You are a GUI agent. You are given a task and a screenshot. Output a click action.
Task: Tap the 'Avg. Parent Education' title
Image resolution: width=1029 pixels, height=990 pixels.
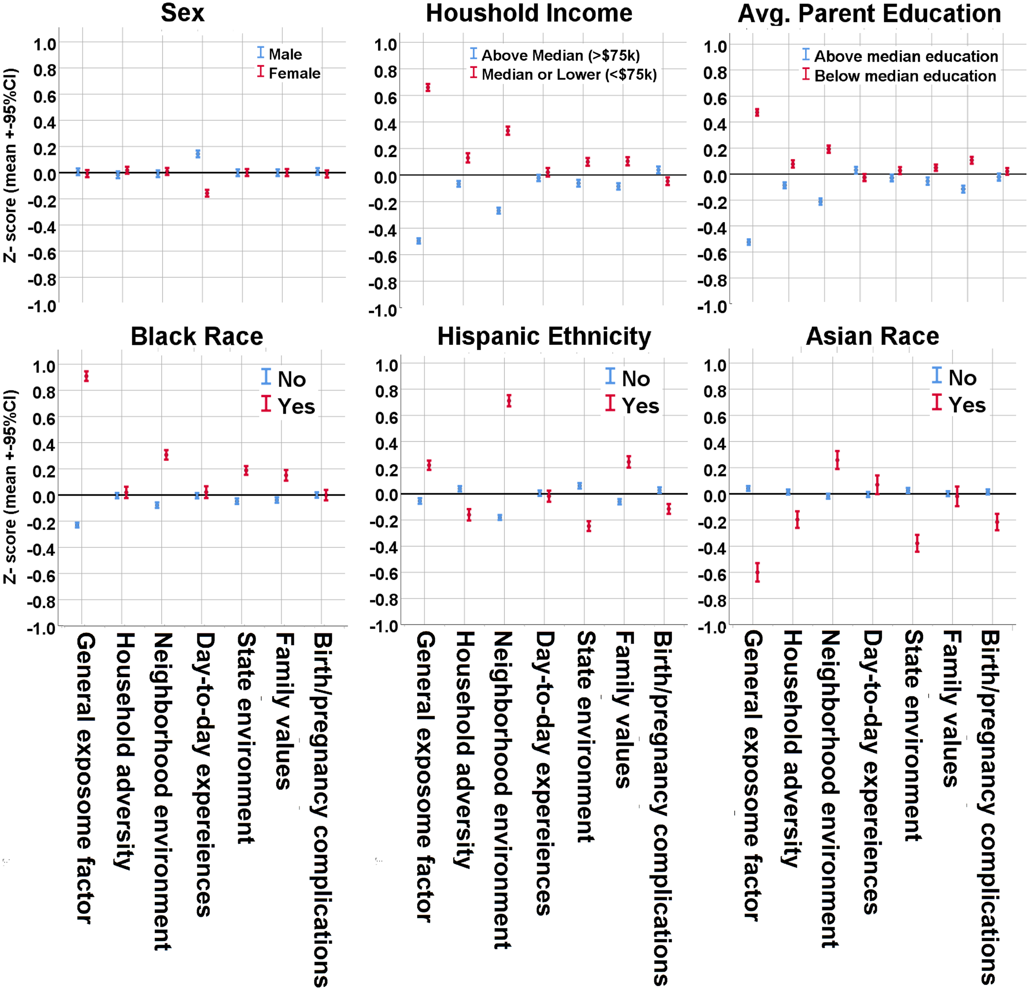[869, 14]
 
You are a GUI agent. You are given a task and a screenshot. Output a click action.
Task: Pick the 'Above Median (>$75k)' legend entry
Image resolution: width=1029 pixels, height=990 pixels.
[560, 55]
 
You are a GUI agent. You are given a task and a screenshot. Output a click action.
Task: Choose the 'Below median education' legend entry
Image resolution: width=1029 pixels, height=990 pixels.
[904, 76]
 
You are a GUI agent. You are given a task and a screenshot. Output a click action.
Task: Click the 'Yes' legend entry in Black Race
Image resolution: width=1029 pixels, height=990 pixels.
[295, 406]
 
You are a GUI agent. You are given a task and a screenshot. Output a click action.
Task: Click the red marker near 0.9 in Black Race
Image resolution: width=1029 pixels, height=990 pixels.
[86, 376]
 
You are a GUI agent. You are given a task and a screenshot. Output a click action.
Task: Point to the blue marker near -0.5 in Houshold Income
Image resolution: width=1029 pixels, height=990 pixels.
[419, 241]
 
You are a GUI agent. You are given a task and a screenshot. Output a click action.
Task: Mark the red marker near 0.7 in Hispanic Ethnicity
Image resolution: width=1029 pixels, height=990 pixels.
[509, 401]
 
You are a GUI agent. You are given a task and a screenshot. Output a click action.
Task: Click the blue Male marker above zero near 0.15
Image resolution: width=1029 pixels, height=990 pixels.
[198, 154]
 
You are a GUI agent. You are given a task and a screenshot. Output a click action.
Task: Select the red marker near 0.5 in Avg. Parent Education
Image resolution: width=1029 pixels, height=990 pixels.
[757, 112]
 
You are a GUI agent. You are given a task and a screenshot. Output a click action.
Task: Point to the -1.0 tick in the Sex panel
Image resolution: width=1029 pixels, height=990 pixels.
[42, 306]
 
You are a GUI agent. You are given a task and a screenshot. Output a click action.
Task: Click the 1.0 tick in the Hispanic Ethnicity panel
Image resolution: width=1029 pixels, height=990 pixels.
[386, 365]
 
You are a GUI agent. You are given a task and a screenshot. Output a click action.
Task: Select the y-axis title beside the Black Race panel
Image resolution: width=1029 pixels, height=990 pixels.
[10, 487]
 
